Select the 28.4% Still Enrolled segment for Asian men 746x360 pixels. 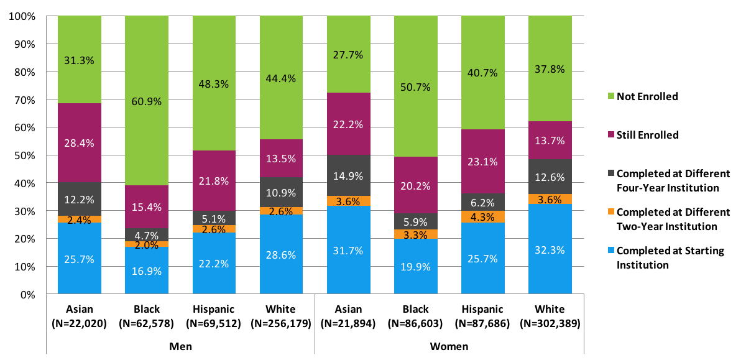pos(80,143)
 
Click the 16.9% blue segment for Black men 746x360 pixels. pos(147,270)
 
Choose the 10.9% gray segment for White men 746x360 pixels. pos(281,193)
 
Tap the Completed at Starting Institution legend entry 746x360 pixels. pos(661,258)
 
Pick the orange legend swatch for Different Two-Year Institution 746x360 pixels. pos(610,212)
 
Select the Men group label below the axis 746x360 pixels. pos(180,346)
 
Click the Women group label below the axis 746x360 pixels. pos(449,346)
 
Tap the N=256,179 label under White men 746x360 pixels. pos(281,323)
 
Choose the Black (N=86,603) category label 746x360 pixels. pos(416,316)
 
